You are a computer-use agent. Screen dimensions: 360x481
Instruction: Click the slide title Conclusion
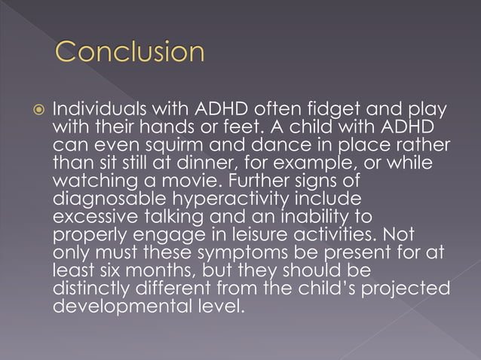[130, 53]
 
